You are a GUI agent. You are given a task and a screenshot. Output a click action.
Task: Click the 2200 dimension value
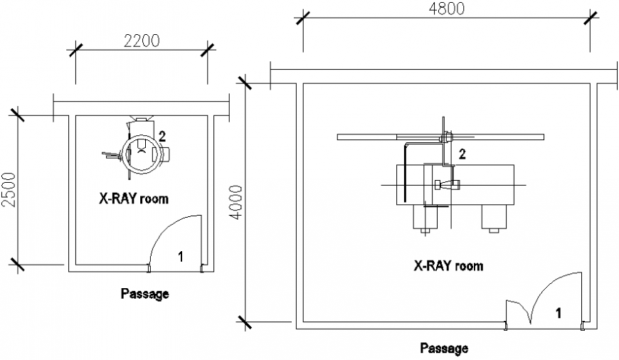(x=142, y=41)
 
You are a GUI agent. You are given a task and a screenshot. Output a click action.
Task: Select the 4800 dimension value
(x=446, y=9)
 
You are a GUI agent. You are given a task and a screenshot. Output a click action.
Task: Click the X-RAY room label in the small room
(x=134, y=198)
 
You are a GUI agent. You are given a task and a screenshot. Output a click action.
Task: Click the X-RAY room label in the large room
(x=448, y=266)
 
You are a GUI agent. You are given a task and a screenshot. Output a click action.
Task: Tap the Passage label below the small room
(x=144, y=293)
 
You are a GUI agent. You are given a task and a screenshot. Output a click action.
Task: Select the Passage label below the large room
(x=444, y=349)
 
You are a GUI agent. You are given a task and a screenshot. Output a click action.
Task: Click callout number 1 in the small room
(x=180, y=257)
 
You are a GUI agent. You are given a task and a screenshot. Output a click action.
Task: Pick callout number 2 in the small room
(x=163, y=137)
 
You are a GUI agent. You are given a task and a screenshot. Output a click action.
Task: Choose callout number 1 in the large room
(x=559, y=312)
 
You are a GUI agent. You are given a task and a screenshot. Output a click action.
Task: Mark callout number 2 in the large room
(x=462, y=153)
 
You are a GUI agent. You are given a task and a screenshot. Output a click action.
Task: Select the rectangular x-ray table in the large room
(x=455, y=185)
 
